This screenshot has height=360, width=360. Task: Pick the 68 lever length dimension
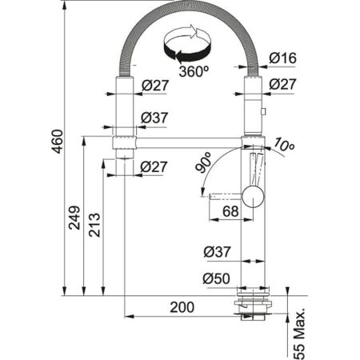[x=229, y=211]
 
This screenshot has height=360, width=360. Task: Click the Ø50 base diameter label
[x=217, y=278]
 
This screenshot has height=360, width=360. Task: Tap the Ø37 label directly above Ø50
[x=217, y=251]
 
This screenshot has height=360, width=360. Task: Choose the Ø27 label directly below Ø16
[x=282, y=84]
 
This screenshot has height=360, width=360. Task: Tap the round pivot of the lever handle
[x=252, y=195]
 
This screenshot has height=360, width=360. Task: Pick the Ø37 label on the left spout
[x=154, y=118]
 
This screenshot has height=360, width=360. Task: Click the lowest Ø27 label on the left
[x=154, y=166]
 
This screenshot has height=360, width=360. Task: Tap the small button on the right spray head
[x=264, y=113]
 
